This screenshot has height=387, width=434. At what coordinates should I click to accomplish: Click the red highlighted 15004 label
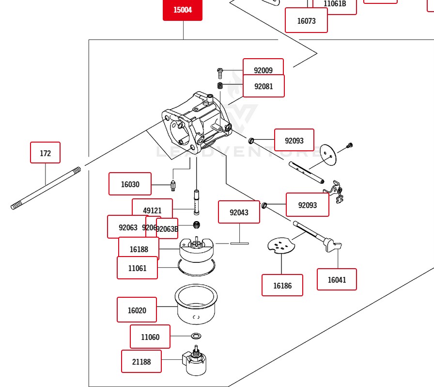pyautogui.click(x=182, y=10)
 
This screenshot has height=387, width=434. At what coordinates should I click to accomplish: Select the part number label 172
pyautogui.click(x=45, y=153)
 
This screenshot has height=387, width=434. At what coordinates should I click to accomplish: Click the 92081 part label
pyautogui.click(x=264, y=86)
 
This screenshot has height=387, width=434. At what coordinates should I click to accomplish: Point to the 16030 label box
pyautogui.click(x=130, y=184)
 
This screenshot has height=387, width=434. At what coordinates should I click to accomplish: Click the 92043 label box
pyautogui.click(x=239, y=212)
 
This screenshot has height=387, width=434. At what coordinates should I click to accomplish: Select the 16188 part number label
pyautogui.click(x=139, y=249)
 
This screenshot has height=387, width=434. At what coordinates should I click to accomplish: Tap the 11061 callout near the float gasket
pyautogui.click(x=137, y=268)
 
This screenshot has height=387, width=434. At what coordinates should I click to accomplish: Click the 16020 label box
pyautogui.click(x=137, y=310)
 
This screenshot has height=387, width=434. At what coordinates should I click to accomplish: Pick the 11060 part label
pyautogui.click(x=150, y=337)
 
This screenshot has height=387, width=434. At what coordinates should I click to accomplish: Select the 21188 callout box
pyautogui.click(x=141, y=361)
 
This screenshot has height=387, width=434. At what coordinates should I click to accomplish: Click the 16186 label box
pyautogui.click(x=282, y=285)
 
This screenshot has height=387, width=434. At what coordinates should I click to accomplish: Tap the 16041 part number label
pyautogui.click(x=337, y=279)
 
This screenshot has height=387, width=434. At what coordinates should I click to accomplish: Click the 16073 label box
pyautogui.click(x=306, y=21)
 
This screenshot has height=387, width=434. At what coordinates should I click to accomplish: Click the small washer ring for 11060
pyautogui.click(x=196, y=336)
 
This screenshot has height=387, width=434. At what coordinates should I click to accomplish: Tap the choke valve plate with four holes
pyautogui.click(x=281, y=245)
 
